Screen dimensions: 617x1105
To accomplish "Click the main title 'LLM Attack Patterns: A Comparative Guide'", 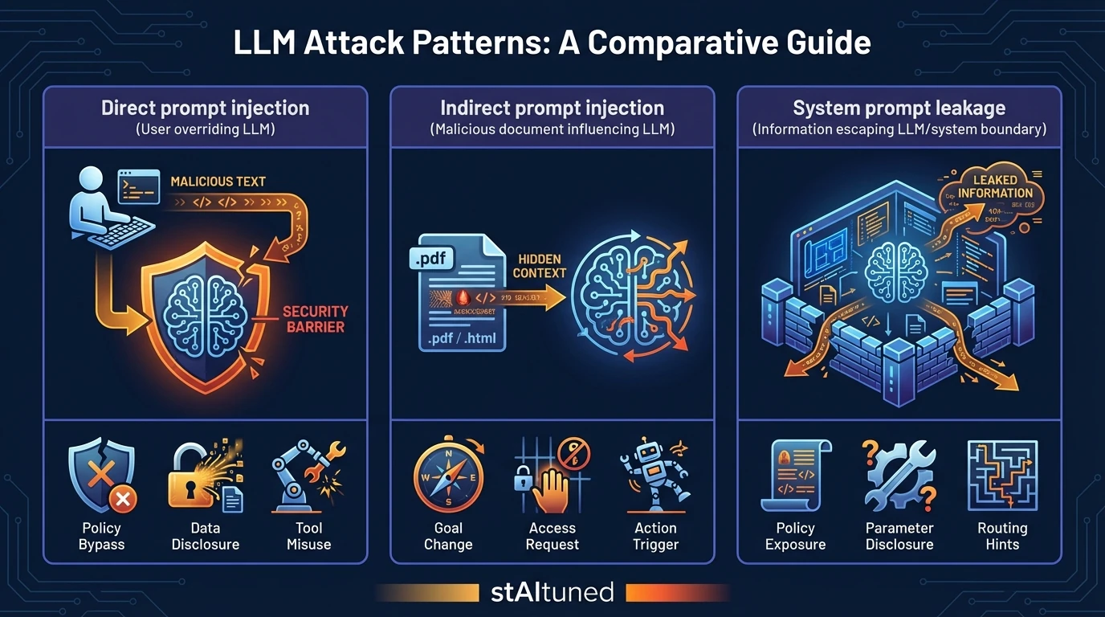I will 552,43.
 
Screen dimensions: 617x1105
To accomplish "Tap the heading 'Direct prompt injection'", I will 205,108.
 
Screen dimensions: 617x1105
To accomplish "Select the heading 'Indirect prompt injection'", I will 552,108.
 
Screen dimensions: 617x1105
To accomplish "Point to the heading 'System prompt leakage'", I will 899,108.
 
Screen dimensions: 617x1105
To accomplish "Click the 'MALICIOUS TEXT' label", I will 218,182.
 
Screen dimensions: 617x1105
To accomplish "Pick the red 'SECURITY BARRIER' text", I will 316,319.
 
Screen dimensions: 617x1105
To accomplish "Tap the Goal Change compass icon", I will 448,477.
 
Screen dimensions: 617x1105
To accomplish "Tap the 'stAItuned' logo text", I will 552,593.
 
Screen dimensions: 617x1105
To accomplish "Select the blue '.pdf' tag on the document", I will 432,259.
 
